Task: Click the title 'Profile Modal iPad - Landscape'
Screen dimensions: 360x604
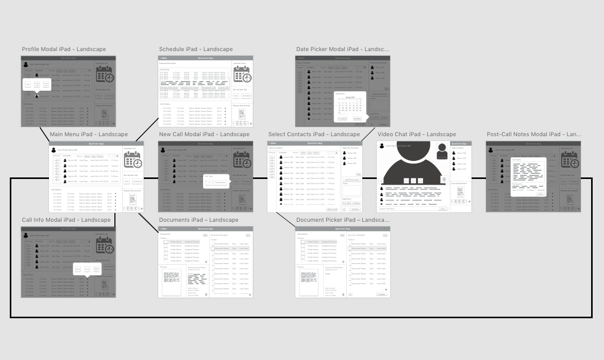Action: pos(64,50)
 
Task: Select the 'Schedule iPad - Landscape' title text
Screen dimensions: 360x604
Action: pos(196,50)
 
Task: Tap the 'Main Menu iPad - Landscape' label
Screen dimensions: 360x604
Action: pos(89,135)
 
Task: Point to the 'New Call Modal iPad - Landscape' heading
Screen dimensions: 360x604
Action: pos(204,135)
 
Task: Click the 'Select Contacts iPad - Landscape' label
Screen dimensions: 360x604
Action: pos(314,135)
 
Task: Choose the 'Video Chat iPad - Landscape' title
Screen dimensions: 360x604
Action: pos(416,135)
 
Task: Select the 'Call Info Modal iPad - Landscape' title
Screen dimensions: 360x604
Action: pos(66,220)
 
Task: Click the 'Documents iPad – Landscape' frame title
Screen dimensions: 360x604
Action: pos(198,220)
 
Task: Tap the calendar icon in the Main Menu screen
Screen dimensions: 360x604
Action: pos(133,161)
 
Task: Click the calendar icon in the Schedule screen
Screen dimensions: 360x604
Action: pos(242,76)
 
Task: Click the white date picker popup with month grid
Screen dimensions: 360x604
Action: pos(350,107)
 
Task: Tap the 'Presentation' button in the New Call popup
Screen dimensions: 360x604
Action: pos(220,183)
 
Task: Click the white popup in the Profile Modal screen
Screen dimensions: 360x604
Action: pos(37,85)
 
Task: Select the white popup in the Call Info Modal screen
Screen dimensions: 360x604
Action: pos(86,269)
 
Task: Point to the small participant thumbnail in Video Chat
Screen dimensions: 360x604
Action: pos(441,151)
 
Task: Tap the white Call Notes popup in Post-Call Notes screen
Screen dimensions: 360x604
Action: pos(528,176)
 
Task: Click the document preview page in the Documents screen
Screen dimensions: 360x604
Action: pos(172,281)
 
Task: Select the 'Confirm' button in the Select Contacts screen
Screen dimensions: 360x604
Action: pos(355,209)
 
